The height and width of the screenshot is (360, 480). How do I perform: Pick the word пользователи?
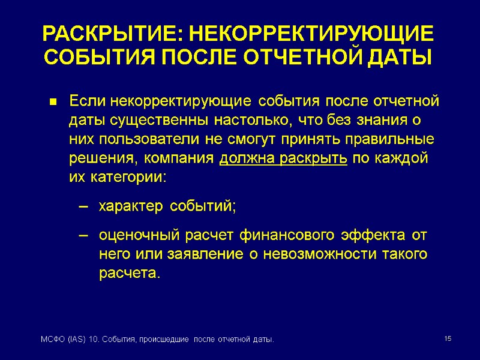tap(140, 140)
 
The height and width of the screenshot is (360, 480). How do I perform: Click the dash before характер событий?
tap(84, 208)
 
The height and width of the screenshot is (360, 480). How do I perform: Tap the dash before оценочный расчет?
tap(84, 235)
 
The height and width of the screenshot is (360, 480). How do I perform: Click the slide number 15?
tap(447, 340)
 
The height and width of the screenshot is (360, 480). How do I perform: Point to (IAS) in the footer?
tap(74, 341)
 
